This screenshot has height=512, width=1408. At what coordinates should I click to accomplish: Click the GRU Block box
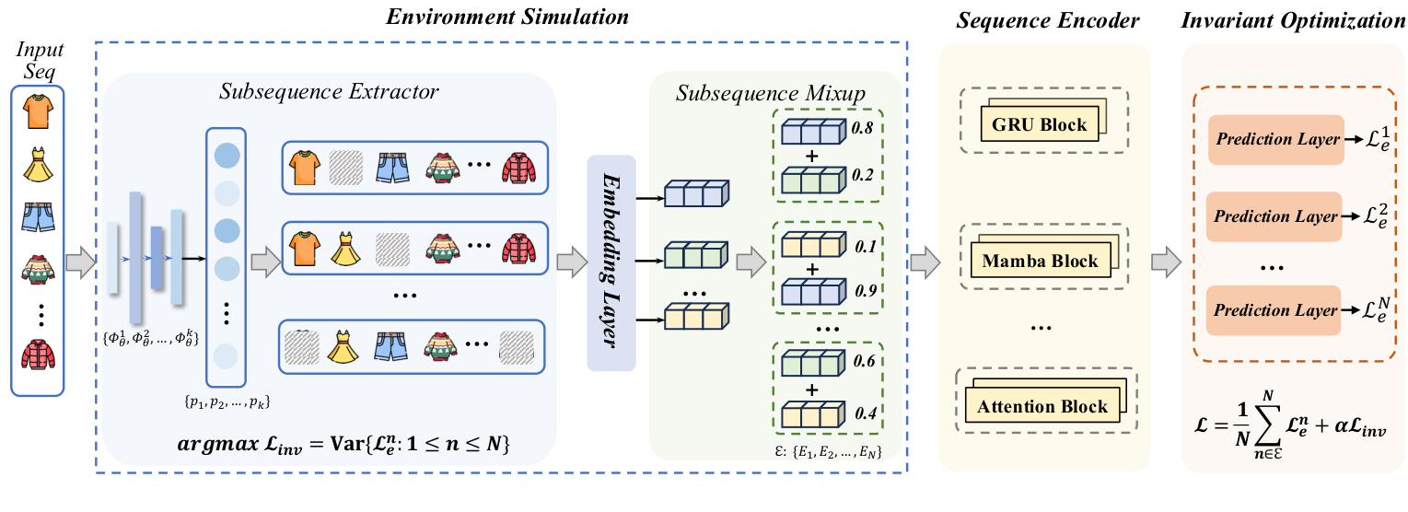(1039, 125)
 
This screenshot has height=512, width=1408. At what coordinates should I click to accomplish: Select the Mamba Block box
(1040, 262)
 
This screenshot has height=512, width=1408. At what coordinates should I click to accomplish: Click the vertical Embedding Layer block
(611, 262)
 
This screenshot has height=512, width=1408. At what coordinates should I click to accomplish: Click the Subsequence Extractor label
(329, 91)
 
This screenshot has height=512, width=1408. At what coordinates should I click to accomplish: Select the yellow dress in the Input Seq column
(38, 167)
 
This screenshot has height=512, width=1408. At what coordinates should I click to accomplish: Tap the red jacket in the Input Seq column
(38, 355)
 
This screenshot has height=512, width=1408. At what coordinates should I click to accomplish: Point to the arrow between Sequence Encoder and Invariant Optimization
(1165, 262)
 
